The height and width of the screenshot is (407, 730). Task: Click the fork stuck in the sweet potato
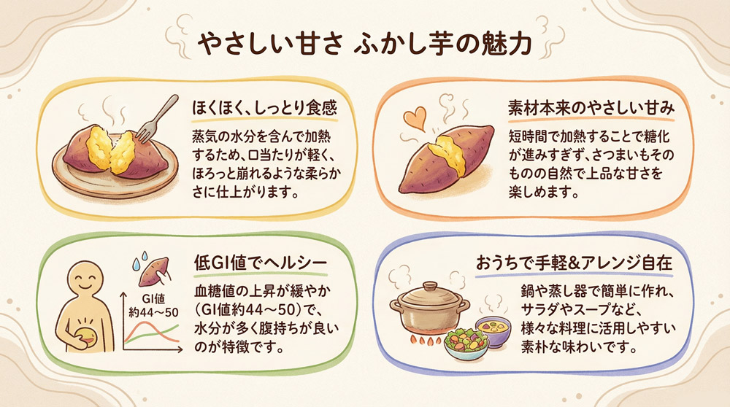pos(158,116)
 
